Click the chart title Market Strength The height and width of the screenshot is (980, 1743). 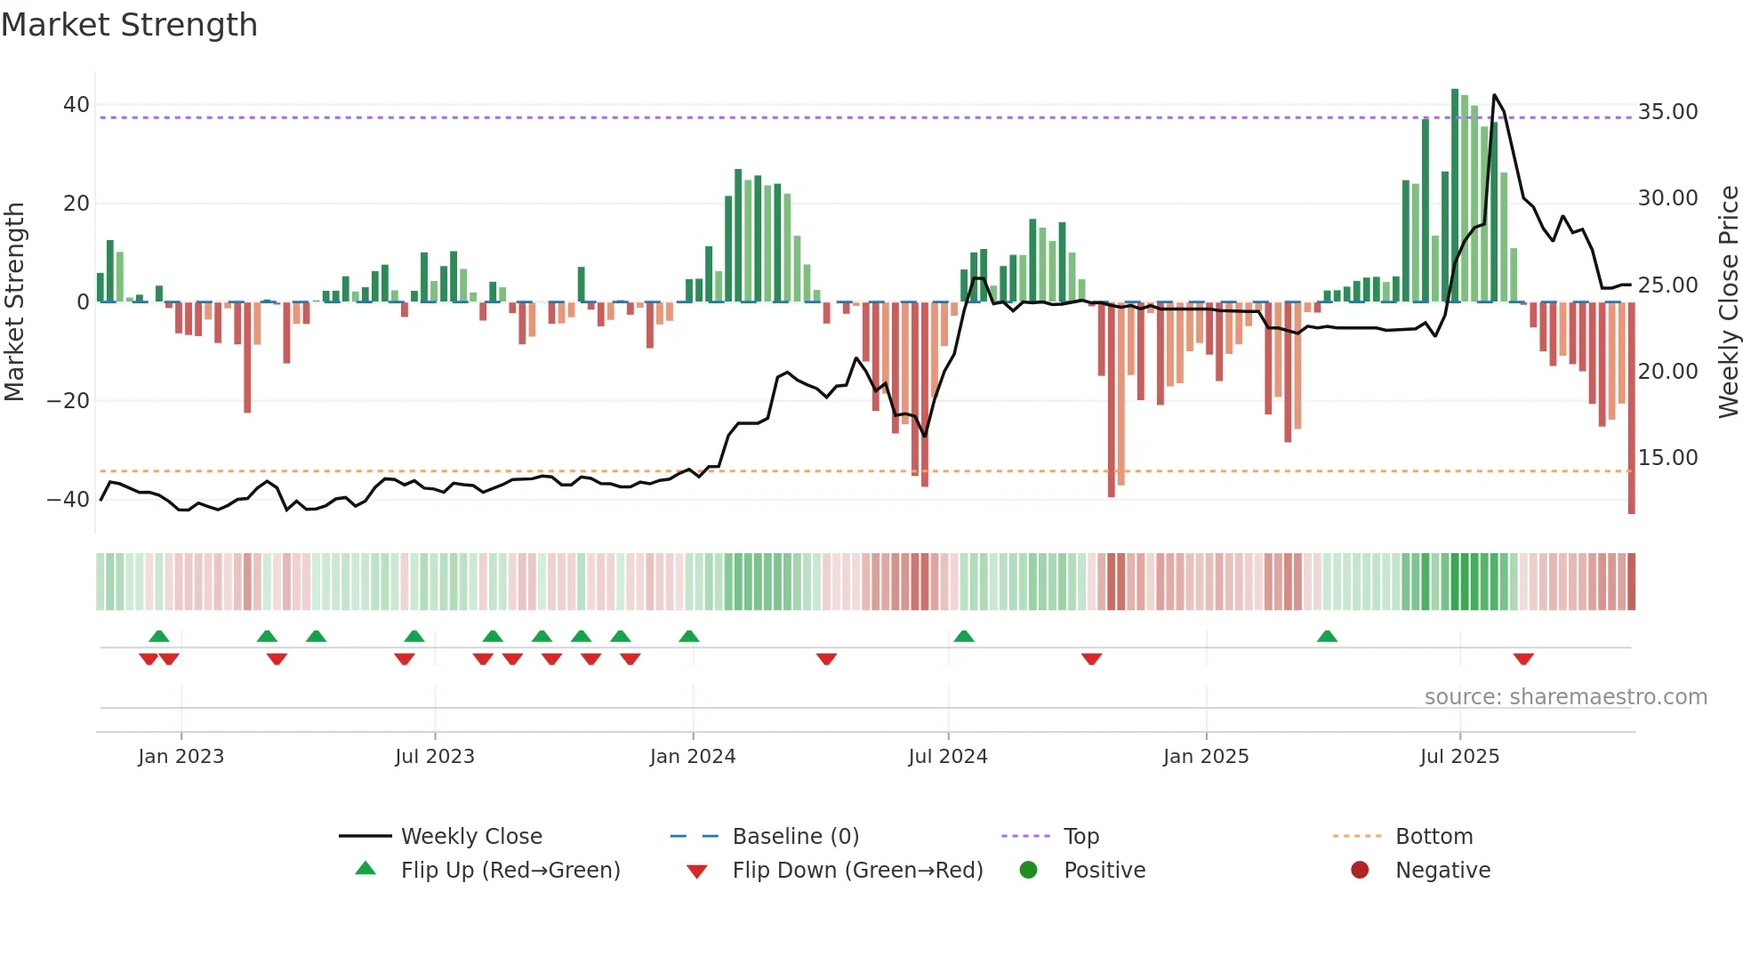click(130, 25)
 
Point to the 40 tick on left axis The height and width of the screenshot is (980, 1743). click(76, 105)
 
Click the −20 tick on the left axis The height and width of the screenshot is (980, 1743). click(68, 401)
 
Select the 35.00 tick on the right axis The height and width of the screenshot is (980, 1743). click(1667, 112)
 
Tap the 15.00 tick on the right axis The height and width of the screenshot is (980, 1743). click(1667, 458)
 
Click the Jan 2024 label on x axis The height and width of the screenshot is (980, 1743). click(693, 757)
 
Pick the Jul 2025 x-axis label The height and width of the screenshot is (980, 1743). click(1459, 757)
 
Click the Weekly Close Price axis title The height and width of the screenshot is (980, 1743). click(1728, 301)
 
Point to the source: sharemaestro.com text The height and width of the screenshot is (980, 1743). click(1565, 697)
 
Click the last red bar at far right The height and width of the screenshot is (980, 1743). click(1631, 409)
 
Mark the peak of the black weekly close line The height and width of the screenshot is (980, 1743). click(1494, 95)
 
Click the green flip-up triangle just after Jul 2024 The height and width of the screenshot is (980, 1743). click(964, 637)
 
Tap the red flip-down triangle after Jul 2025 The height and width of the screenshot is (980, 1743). click(1523, 659)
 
